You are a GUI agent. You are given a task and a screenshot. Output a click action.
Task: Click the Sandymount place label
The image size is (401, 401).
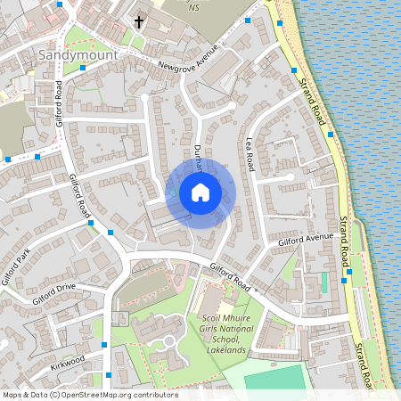point(72,54)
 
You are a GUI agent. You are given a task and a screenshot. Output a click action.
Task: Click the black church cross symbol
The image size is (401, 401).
point(139,20)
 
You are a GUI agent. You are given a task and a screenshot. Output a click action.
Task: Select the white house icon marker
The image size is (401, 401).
point(200,192)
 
